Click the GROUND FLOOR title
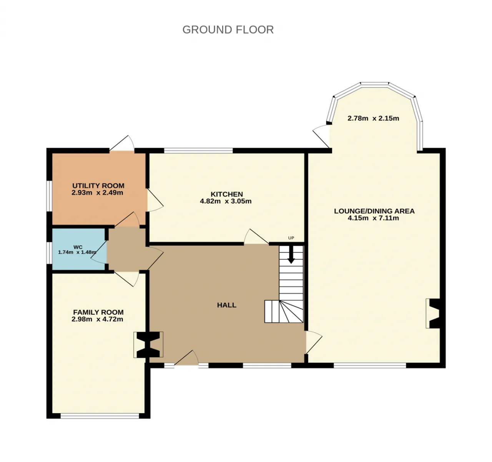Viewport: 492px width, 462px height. (228, 30)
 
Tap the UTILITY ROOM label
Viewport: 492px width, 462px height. (98, 186)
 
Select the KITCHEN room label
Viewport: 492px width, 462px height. (226, 194)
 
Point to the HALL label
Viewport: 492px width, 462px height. (226, 305)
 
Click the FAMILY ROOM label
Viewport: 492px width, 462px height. (98, 312)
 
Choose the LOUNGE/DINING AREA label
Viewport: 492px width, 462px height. (374, 211)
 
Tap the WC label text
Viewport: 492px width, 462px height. (78, 247)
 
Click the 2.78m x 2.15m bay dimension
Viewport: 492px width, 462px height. (373, 118)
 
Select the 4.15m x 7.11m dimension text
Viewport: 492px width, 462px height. (373, 218)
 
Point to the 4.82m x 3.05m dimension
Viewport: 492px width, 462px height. (226, 201)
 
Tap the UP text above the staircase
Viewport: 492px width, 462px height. (291, 238)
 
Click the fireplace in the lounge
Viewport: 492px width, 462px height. (433, 313)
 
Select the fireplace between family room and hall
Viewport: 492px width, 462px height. (148, 345)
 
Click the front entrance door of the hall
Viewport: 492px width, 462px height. (187, 359)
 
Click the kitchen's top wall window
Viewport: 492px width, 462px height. (198, 150)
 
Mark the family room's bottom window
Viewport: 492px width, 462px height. (100, 415)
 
